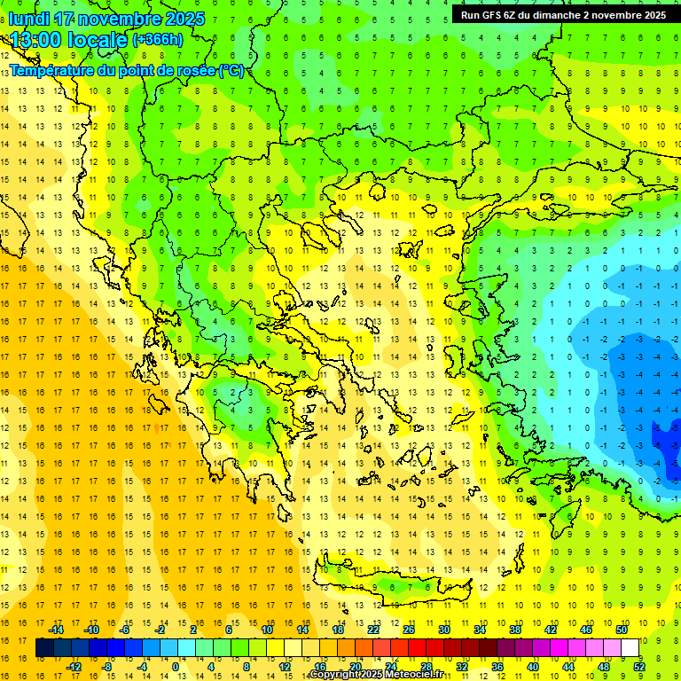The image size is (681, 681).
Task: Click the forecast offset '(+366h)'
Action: tap(157, 40)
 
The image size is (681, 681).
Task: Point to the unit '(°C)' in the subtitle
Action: tap(231, 70)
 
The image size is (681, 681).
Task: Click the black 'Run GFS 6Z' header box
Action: tap(563, 15)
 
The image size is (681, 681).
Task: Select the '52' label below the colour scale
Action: tap(639, 667)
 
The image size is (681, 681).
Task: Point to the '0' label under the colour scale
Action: tap(176, 667)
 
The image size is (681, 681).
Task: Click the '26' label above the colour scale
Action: tap(409, 630)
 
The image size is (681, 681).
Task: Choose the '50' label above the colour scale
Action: tap(622, 630)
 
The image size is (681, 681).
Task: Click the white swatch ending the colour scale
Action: tap(630, 647)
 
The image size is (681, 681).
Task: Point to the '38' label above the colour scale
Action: tap(515, 630)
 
